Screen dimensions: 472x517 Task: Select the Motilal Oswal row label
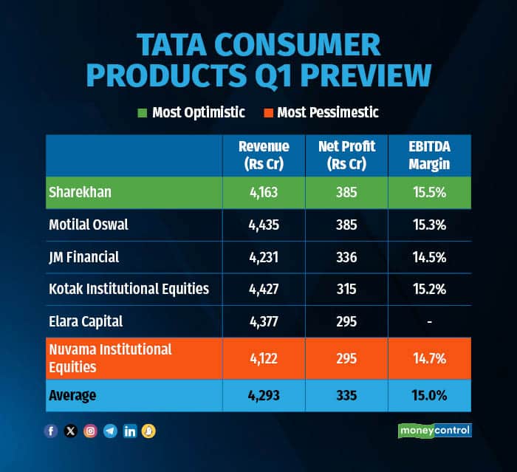(89, 225)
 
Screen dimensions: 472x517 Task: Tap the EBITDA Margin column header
(429, 155)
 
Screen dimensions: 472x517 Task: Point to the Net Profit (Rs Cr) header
(346, 155)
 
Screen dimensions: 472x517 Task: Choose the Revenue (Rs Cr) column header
(264, 155)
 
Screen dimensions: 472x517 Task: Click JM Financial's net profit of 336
(346, 257)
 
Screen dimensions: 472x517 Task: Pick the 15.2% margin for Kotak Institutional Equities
(429, 289)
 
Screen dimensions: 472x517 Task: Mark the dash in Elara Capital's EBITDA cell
(429, 321)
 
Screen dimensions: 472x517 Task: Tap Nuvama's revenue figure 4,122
(264, 358)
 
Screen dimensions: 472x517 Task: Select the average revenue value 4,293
(264, 395)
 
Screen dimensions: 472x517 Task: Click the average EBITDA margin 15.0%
(429, 395)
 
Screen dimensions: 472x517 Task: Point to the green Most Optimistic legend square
(142, 113)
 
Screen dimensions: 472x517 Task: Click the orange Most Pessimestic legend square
(270, 113)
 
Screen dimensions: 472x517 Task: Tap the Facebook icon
(51, 431)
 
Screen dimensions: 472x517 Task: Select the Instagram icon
(90, 431)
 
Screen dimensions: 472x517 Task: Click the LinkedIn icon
(130, 431)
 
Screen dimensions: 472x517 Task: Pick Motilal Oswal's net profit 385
(346, 225)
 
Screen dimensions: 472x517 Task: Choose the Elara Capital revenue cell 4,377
(264, 321)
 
